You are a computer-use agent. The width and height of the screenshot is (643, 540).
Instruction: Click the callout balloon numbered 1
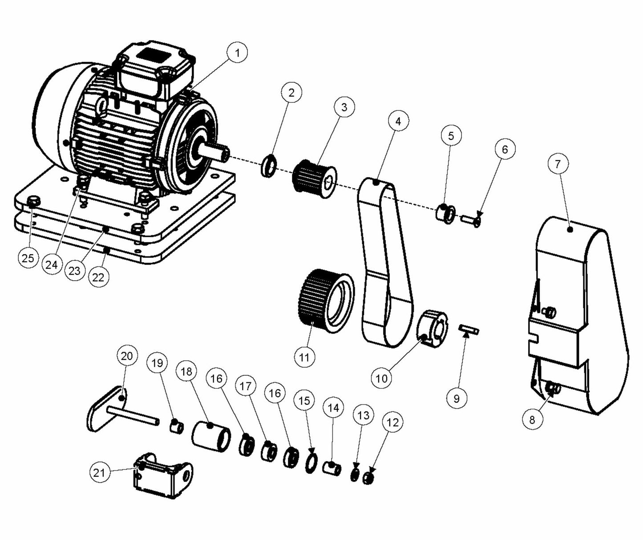pyautogui.click(x=237, y=53)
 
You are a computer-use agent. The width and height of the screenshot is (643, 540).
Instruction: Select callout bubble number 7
pyautogui.click(x=558, y=164)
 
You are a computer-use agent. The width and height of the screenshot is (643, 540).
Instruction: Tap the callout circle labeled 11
pyautogui.click(x=304, y=357)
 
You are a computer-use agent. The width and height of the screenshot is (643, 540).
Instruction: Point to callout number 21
pyautogui.click(x=99, y=472)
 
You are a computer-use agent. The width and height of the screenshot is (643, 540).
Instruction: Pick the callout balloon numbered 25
pyautogui.click(x=28, y=258)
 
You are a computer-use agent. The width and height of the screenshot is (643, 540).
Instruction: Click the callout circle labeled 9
pyautogui.click(x=456, y=398)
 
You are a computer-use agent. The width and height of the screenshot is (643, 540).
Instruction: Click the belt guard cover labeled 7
pyautogui.click(x=578, y=312)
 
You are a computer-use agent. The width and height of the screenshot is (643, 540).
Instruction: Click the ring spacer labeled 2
pyautogui.click(x=269, y=164)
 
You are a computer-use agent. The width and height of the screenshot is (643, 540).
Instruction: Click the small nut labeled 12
pyautogui.click(x=368, y=479)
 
